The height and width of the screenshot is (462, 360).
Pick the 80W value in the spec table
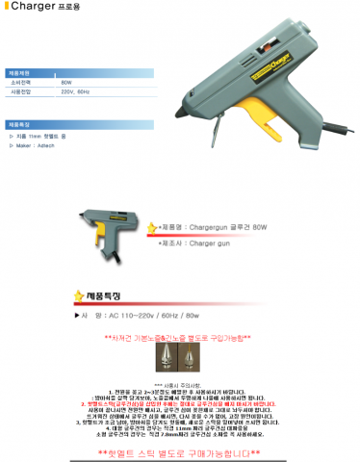click(65, 84)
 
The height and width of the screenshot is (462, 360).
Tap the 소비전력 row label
click(27, 84)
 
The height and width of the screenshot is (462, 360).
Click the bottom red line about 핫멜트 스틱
click(180, 452)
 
